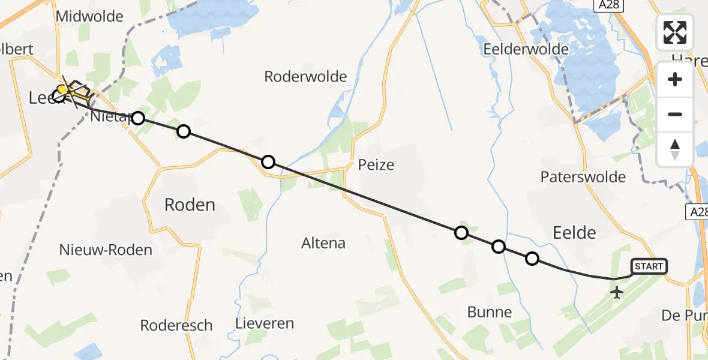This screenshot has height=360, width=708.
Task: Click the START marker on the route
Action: (649, 266)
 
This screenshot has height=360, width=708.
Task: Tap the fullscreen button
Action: (675, 32)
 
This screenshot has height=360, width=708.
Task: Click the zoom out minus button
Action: (675, 114)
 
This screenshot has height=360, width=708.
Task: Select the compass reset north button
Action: (675, 149)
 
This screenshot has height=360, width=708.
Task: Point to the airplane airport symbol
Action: (616, 293)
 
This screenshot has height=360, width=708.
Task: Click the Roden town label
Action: (190, 205)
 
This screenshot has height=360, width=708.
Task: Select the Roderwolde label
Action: (306, 77)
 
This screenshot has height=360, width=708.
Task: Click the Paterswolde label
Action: (583, 177)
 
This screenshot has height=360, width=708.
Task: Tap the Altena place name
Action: (323, 243)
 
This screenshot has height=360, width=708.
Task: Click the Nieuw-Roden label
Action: (106, 250)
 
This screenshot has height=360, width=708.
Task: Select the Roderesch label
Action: (176, 326)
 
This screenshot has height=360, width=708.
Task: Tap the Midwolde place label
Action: (89, 17)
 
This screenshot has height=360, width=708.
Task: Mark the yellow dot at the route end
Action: (61, 90)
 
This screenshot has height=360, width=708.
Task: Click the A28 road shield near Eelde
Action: (697, 212)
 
